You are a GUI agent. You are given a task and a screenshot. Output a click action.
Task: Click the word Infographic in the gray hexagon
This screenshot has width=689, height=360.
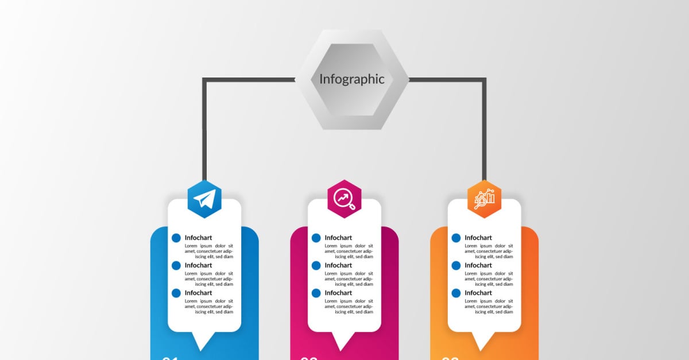[351, 79]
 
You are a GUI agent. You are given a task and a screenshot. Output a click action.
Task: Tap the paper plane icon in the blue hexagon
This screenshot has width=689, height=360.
[204, 199]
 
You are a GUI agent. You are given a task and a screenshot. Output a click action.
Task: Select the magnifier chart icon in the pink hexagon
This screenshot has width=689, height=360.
[344, 199]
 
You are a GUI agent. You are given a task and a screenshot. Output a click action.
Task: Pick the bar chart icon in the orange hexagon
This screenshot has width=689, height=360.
[484, 199]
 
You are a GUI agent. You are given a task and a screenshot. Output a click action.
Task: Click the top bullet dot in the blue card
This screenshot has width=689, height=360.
[176, 238]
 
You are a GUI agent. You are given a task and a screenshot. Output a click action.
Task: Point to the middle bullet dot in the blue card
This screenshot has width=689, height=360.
[176, 265]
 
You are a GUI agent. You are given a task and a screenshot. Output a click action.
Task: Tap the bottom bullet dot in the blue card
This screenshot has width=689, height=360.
[176, 293]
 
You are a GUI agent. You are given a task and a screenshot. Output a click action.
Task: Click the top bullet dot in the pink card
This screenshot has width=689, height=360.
[316, 238]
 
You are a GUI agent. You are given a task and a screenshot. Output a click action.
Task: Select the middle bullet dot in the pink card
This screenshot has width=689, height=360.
[316, 265]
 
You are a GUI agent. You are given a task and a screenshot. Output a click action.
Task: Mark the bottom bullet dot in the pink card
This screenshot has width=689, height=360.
[316, 293]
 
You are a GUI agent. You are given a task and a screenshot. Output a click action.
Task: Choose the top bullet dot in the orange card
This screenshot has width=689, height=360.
[456, 238]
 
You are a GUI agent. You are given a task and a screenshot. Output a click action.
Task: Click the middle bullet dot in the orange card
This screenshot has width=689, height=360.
[456, 265]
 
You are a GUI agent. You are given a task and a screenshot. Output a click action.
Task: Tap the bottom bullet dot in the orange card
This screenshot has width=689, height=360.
[456, 293]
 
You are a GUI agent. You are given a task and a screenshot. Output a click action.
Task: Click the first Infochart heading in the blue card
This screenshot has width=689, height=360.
[198, 238]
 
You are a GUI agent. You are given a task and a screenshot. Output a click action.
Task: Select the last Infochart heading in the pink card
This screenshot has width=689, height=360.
[338, 293]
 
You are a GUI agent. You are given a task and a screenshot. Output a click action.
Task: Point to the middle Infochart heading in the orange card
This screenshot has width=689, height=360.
[478, 265]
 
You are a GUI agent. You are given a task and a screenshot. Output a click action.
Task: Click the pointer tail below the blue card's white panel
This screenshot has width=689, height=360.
[204, 340]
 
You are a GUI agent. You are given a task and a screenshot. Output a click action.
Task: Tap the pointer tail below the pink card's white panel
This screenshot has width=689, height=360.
[344, 340]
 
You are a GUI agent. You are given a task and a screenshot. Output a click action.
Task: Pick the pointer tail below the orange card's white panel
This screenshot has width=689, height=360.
[484, 340]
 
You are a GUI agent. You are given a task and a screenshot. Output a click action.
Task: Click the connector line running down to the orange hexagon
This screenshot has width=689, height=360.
[484, 132]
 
